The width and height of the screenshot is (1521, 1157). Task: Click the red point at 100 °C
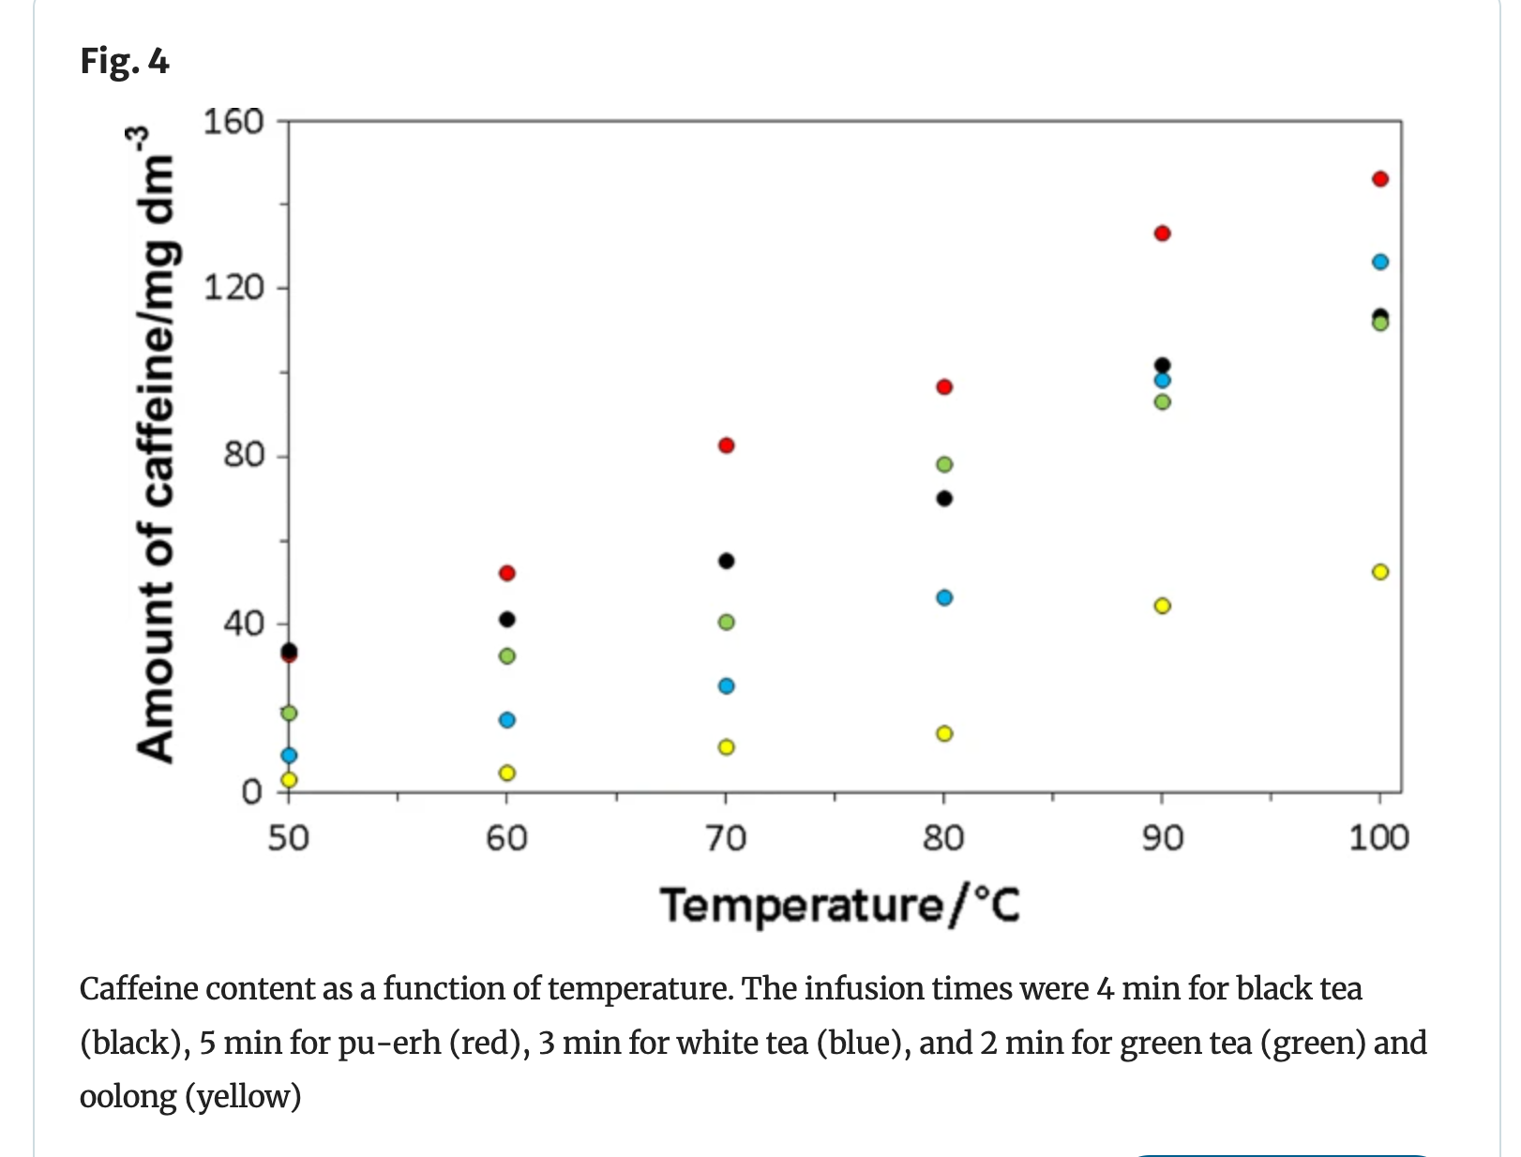(x=1379, y=179)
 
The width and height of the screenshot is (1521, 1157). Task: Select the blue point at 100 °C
(x=1379, y=262)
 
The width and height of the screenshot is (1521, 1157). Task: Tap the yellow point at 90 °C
(x=1162, y=606)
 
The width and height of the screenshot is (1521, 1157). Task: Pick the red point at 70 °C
(x=726, y=445)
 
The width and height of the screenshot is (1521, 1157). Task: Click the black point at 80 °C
(x=944, y=498)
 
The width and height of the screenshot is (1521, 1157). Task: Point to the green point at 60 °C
(x=507, y=655)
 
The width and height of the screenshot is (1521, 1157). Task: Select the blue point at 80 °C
(x=944, y=597)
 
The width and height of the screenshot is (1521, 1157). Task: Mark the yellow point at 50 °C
(x=289, y=779)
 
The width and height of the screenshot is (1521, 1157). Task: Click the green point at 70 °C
(x=726, y=622)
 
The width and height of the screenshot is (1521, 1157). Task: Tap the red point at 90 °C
(x=1162, y=233)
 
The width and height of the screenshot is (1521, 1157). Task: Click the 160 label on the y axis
(x=234, y=122)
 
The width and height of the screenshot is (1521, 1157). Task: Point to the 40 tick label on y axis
(x=243, y=624)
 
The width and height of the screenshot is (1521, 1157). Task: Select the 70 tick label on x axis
(x=726, y=837)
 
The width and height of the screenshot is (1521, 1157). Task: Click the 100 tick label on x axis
(x=1378, y=837)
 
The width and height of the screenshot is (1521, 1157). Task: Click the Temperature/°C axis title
(x=840, y=906)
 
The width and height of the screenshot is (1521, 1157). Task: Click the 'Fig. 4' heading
(x=125, y=61)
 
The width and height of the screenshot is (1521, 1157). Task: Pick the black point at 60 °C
(x=507, y=619)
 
